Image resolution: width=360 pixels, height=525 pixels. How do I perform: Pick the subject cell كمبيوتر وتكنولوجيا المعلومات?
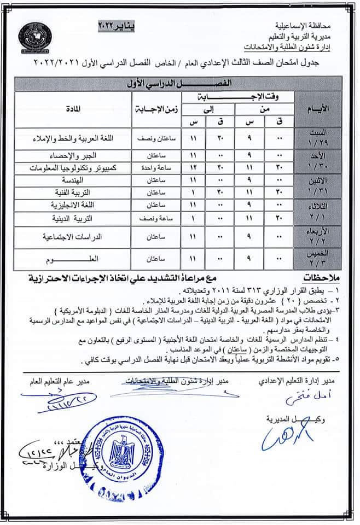[x=78, y=166]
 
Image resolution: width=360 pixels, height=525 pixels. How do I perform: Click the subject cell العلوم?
[x=90, y=258]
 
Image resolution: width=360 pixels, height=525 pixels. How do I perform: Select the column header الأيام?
[x=318, y=109]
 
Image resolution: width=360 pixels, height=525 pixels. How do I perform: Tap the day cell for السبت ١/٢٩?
[x=318, y=138]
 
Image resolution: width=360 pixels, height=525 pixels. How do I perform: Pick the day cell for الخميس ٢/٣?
[x=318, y=259]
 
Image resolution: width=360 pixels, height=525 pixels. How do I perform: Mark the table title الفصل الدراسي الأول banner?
[x=179, y=83]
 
